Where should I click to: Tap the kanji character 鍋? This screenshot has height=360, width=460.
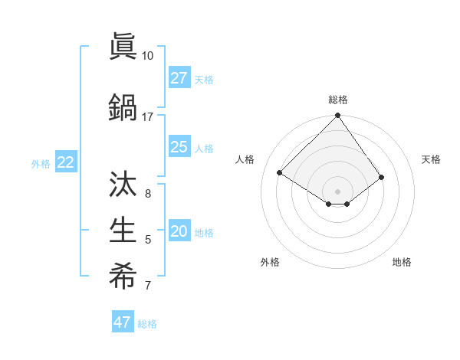123,107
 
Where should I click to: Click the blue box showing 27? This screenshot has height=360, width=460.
179,78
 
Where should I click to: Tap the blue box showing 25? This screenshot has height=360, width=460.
179,147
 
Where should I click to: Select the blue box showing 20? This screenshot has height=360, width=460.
179,232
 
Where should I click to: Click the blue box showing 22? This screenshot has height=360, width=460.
65,162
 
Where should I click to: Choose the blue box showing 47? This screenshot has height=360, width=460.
123,322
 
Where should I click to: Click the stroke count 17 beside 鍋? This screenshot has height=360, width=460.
147,117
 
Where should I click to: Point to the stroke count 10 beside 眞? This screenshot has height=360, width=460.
147,56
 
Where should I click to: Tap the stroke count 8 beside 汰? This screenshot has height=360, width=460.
147,193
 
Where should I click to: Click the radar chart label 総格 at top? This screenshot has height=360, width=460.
337,100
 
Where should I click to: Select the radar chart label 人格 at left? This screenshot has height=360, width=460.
245,159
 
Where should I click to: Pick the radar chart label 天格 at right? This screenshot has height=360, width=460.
431,159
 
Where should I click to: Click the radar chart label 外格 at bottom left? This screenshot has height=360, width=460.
270,262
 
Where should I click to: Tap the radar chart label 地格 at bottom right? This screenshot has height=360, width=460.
402,262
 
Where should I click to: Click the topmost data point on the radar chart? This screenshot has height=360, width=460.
337,116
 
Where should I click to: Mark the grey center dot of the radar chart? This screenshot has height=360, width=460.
337,191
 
